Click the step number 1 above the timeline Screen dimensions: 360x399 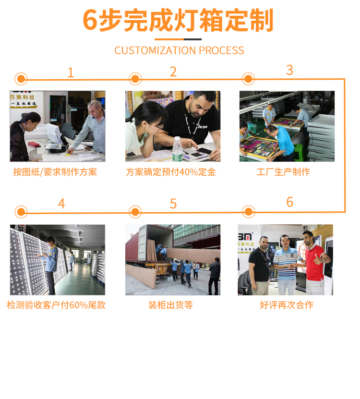pyautogui.click(x=71, y=73)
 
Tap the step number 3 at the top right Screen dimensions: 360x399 pyautogui.click(x=289, y=70)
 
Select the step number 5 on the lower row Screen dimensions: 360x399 pyautogui.click(x=173, y=204)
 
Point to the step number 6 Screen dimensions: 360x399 pyautogui.click(x=290, y=202)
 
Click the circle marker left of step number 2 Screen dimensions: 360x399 pyautogui.click(x=135, y=79)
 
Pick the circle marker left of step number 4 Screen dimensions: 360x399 pyautogui.click(x=21, y=212)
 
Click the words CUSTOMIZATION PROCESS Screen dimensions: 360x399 pyautogui.click(x=179, y=50)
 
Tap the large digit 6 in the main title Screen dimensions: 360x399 pyautogui.click(x=90, y=20)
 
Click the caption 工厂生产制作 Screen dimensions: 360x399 pyautogui.click(x=283, y=172)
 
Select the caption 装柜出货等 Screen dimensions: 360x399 pyautogui.click(x=170, y=305)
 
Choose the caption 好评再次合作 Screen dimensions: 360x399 pyautogui.click(x=287, y=305)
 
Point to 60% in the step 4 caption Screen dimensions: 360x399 pyautogui.click(x=78, y=305)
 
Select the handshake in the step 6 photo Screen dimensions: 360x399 pyautogui.click(x=293, y=266)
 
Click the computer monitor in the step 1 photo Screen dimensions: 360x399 pyautogui.click(x=54, y=134)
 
